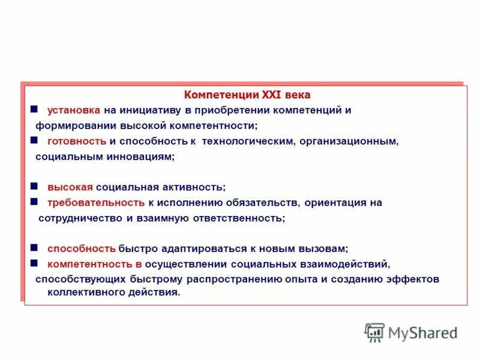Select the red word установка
click(x=74, y=110)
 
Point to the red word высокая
click(x=70, y=187)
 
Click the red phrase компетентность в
click(x=94, y=263)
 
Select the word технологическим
click(x=248, y=141)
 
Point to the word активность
click(x=194, y=187)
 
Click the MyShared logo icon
click(x=374, y=332)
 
